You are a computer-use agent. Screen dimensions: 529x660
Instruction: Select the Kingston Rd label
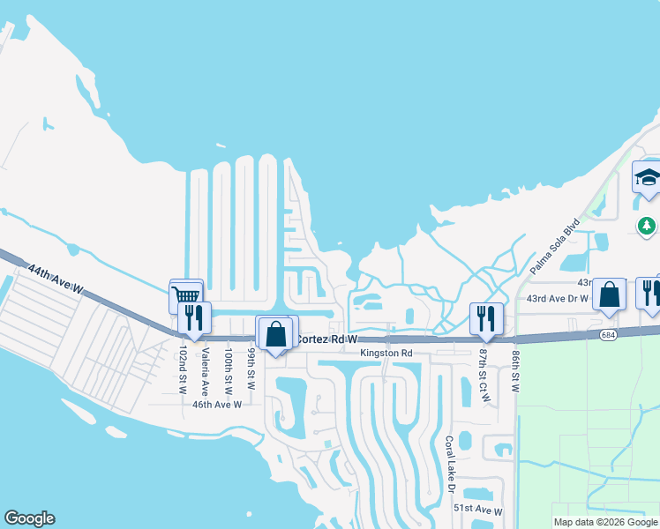(x=386, y=354)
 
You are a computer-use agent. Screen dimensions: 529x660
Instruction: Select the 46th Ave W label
(x=217, y=405)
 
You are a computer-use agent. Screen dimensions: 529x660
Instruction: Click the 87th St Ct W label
(x=484, y=376)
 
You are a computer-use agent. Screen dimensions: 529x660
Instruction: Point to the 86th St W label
(x=515, y=369)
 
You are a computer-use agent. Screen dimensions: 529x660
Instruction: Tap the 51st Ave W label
(x=477, y=510)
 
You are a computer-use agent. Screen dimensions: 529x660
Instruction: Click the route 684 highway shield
(x=606, y=334)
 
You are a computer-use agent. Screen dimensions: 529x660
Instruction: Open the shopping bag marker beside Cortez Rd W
(x=275, y=333)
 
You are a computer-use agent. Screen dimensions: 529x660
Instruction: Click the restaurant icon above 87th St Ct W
(x=486, y=318)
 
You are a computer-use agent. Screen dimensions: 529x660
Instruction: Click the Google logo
(x=29, y=518)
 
